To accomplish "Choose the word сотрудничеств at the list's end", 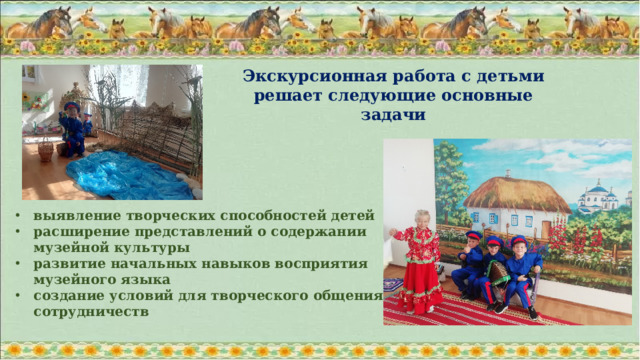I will pyautogui.click(x=90, y=312).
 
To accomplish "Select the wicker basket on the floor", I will pyautogui.click(x=45, y=151).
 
